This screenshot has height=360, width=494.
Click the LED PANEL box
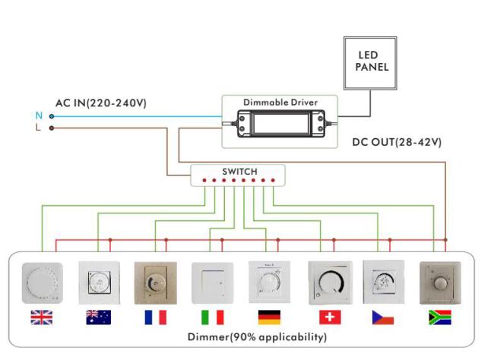click(372, 62)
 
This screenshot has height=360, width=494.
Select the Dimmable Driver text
click(280, 102)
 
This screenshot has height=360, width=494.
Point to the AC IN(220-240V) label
click(100, 103)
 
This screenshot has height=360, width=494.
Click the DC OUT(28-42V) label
click(397, 143)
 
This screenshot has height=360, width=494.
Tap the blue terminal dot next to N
click(51, 116)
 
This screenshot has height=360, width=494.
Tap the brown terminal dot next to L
click(51, 128)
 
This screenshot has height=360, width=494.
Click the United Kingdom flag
click(41, 317)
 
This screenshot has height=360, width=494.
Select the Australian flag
click(98, 317)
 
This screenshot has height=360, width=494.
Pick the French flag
click(155, 317)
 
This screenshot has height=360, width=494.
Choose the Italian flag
click(212, 317)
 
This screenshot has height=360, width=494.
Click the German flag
click(269, 317)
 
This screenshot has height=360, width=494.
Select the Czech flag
click(383, 317)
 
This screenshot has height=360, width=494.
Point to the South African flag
click(440, 317)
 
